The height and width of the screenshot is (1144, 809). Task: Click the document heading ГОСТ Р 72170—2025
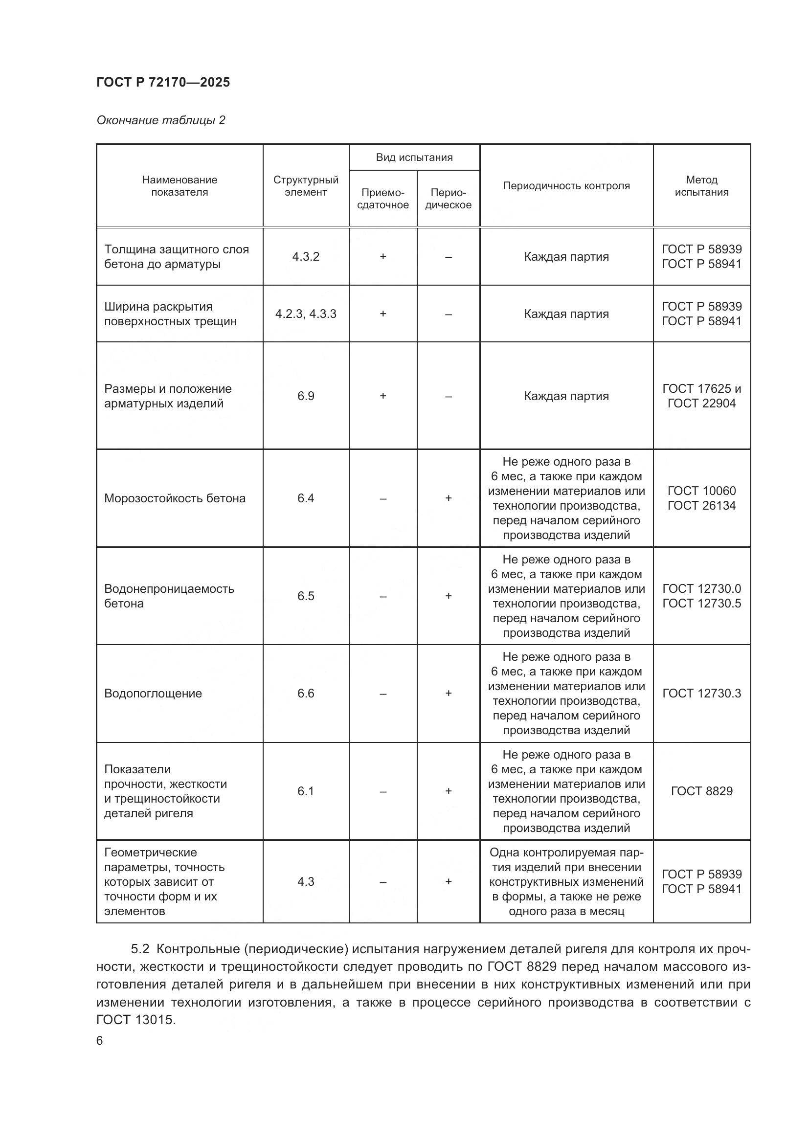click(163, 82)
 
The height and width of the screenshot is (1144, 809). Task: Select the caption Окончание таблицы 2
click(160, 120)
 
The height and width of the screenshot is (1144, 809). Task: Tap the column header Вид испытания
click(414, 157)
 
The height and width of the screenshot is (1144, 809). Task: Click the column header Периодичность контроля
click(566, 186)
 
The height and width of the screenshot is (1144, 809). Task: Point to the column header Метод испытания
click(701, 186)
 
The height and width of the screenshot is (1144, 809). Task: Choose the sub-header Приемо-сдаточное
click(382, 199)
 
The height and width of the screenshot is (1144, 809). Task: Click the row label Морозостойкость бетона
click(174, 498)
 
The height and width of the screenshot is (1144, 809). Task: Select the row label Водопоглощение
click(153, 693)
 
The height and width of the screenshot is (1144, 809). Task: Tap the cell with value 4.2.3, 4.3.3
click(305, 314)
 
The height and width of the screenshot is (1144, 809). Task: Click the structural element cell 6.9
click(305, 396)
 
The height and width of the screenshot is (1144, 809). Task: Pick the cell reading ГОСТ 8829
click(701, 791)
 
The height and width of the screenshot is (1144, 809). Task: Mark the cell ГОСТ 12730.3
click(701, 693)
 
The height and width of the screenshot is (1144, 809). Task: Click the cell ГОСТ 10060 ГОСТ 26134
click(701, 498)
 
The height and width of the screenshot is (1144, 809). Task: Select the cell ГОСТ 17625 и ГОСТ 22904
click(701, 396)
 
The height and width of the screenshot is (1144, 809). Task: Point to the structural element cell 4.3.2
click(305, 257)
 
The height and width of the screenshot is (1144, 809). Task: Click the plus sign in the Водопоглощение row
click(449, 693)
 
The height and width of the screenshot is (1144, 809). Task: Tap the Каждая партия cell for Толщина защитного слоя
click(566, 257)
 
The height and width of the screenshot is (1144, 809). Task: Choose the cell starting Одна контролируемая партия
click(566, 881)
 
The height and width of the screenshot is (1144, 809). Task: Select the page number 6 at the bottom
click(100, 1041)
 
